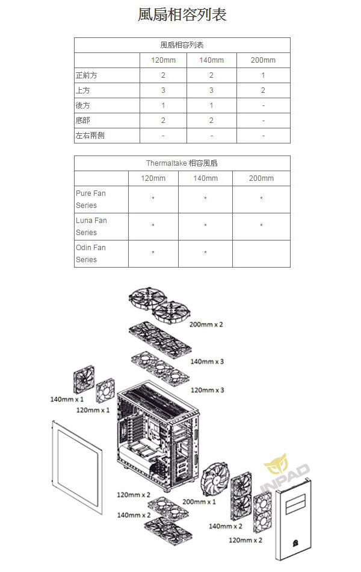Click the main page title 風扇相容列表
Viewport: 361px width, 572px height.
[182, 14]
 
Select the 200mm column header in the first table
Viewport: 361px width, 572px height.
[263, 60]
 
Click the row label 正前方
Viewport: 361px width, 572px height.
[86, 75]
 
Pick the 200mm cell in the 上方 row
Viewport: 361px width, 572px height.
[263, 90]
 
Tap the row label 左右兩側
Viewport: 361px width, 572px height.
[90, 136]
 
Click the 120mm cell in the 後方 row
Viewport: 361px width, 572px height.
[163, 105]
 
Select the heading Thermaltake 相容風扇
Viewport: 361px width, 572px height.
[182, 163]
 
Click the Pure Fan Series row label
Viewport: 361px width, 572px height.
[91, 199]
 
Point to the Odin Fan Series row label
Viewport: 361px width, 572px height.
[91, 254]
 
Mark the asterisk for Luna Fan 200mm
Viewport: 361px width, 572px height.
[261, 225]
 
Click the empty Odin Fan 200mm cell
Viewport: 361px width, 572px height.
[261, 254]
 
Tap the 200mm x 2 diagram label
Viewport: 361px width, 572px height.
[206, 324]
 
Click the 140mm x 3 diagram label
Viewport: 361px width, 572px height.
[207, 362]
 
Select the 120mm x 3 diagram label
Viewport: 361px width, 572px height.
[208, 390]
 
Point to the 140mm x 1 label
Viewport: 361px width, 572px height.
[67, 399]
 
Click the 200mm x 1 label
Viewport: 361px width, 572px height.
[199, 502]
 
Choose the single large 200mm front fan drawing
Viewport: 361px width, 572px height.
[215, 480]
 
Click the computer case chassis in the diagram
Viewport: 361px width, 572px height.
[158, 436]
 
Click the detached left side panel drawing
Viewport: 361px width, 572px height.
[77, 467]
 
